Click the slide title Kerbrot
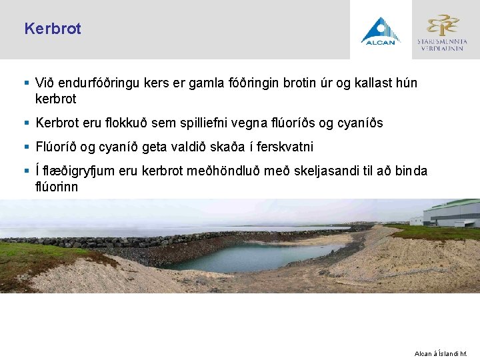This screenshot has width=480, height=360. (x=52, y=29)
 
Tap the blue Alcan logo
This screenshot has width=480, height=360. (x=380, y=31)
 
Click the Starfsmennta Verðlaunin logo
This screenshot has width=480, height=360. (x=442, y=31)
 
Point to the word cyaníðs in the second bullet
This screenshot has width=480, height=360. (x=361, y=123)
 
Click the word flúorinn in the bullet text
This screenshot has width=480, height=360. (x=57, y=187)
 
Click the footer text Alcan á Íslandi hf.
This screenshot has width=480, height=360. (x=440, y=353)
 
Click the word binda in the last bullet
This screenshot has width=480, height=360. (x=411, y=171)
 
